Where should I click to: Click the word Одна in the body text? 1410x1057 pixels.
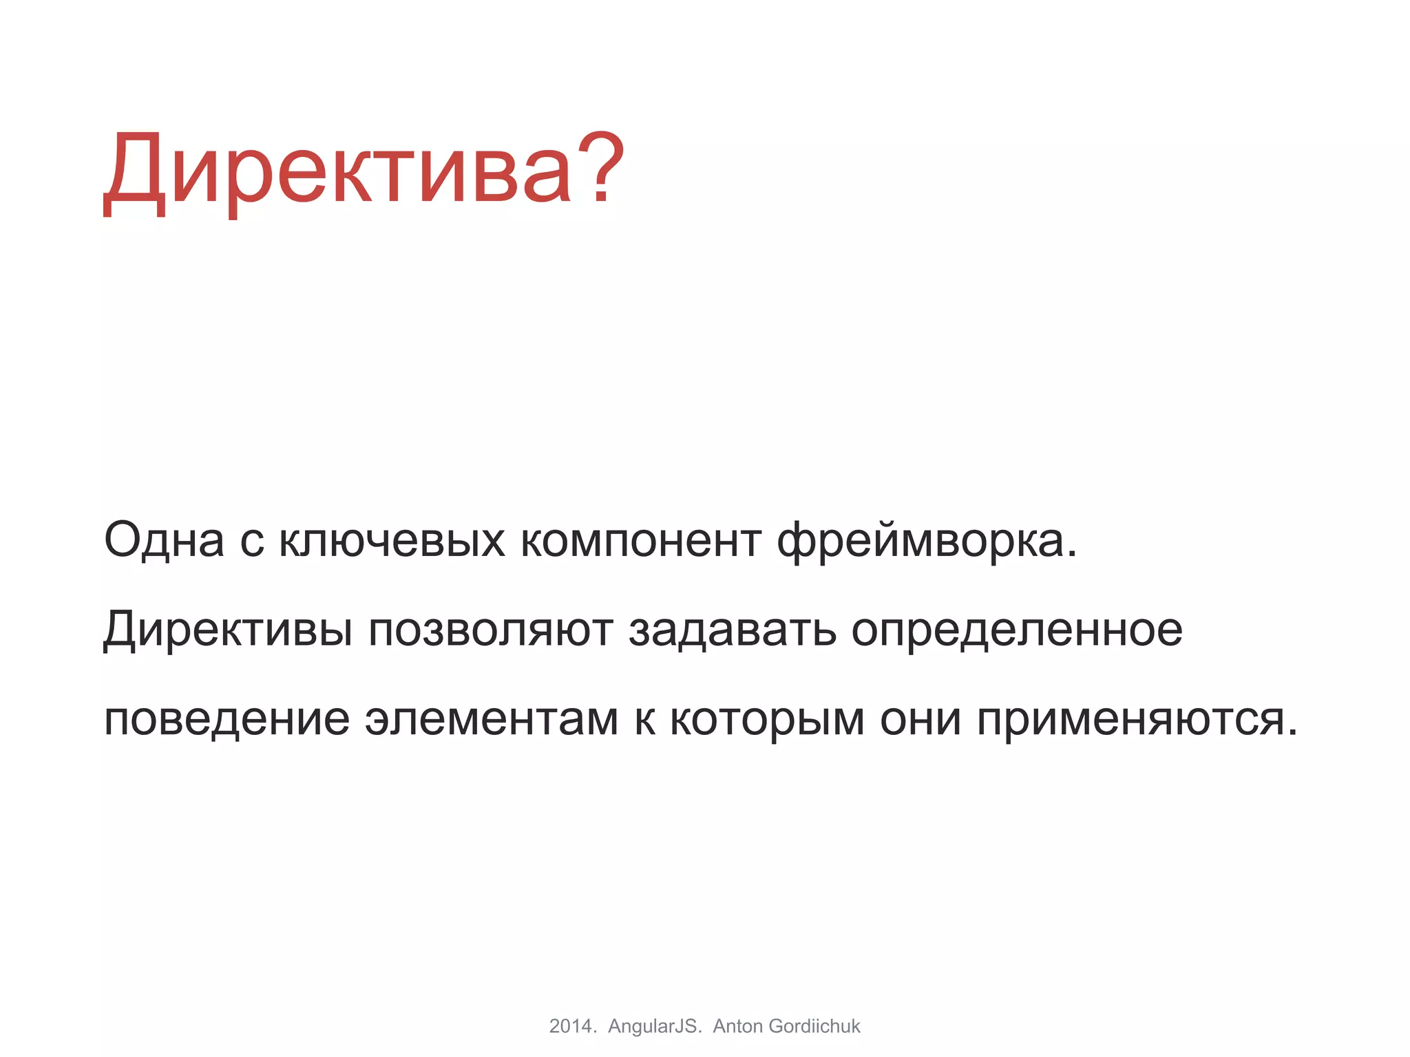pos(164,540)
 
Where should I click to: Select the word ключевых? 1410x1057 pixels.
pos(392,540)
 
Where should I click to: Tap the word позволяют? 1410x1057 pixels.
pos(490,630)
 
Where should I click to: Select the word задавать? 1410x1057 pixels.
pos(732,630)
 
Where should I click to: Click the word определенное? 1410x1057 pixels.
pos(1017,630)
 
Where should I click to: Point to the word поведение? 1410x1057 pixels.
pos(227,720)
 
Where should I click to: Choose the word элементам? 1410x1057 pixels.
pos(492,720)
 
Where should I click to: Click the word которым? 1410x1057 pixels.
pos(767,720)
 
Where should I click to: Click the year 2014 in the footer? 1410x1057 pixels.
pos(571,1026)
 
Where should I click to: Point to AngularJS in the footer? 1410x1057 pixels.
pos(653,1026)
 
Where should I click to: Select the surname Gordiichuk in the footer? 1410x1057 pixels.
pos(814,1026)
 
